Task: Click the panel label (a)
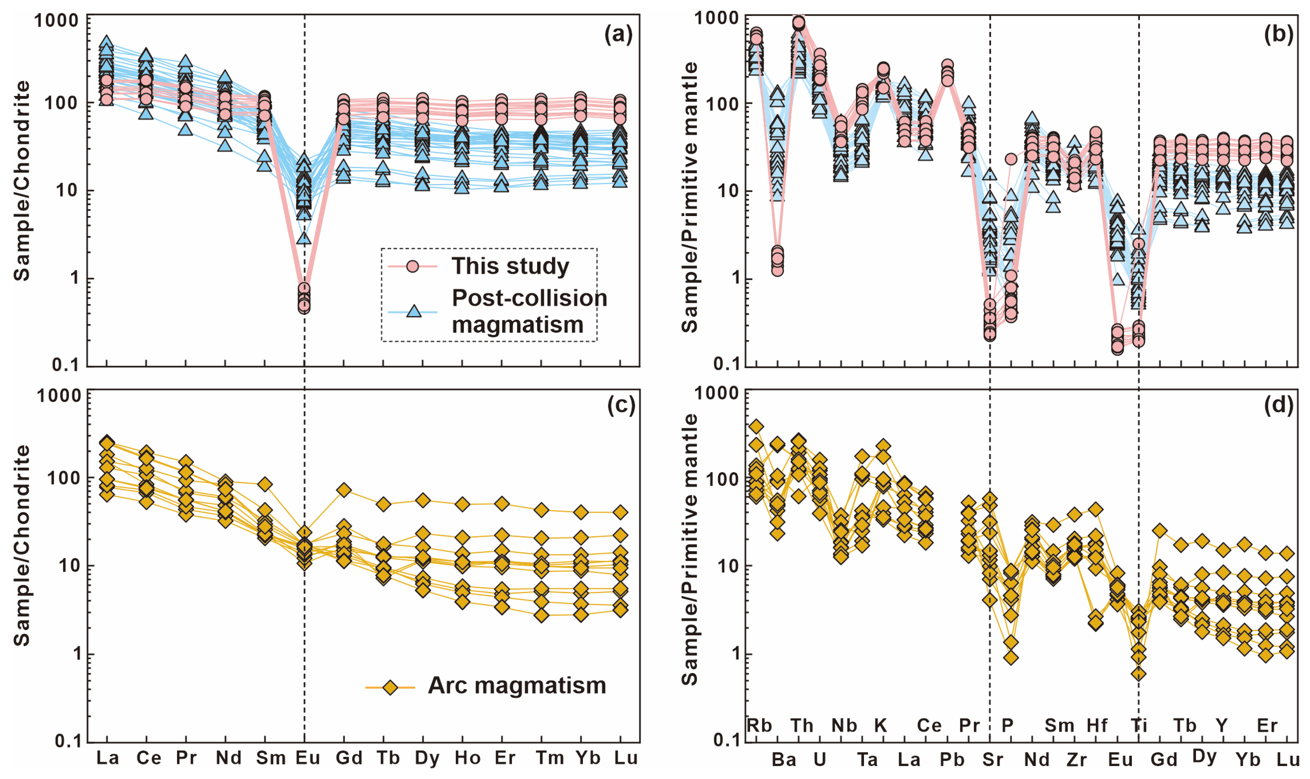[x=618, y=35]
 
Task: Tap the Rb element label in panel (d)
[x=759, y=725]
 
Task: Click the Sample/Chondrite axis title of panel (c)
[x=22, y=546]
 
